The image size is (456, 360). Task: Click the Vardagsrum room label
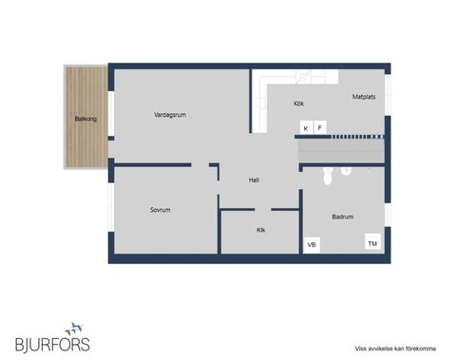(169, 115)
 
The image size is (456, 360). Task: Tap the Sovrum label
(160, 209)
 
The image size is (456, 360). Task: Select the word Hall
(254, 180)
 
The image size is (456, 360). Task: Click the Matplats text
(365, 96)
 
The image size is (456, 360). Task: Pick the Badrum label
(342, 217)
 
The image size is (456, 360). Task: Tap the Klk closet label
(260, 230)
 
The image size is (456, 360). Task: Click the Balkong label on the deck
(86, 119)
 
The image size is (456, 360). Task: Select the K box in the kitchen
(306, 127)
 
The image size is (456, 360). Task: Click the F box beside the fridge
(320, 127)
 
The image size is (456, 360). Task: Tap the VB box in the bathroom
(311, 245)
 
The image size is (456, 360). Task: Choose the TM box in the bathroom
(372, 243)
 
